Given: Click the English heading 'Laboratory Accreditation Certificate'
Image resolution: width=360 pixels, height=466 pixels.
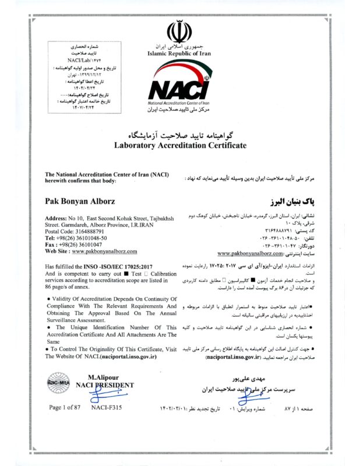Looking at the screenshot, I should pyautogui.click(x=180, y=145).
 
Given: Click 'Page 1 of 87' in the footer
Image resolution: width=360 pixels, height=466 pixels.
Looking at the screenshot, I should pyautogui.click(x=65, y=408).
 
